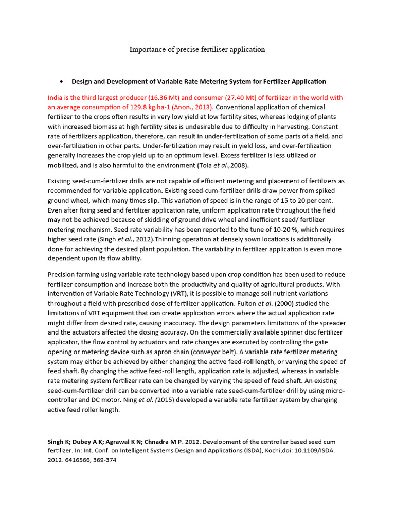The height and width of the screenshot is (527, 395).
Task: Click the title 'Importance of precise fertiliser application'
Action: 197,49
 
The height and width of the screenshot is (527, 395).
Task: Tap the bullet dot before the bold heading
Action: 61,82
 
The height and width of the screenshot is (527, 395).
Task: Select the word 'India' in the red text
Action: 56,98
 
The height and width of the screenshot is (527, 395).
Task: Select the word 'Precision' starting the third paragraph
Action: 63,274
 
